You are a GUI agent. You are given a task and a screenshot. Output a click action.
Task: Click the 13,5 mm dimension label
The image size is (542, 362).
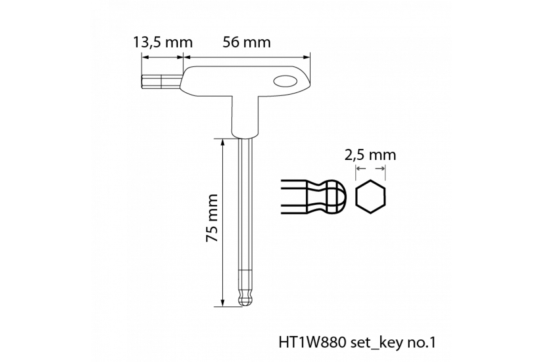163,42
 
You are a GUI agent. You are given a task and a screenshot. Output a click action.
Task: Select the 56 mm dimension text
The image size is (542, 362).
247,42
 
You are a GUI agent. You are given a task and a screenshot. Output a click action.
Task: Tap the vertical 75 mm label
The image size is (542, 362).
212,218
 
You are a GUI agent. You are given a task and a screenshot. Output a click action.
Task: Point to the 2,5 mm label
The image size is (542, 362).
370,155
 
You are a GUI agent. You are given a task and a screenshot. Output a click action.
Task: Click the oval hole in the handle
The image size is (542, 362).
285,81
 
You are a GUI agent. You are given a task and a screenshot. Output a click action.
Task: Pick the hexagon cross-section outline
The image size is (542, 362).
370,197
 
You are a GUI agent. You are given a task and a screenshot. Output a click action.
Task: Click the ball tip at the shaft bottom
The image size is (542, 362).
245,300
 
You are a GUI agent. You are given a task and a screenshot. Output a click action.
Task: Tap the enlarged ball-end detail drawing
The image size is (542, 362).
314,197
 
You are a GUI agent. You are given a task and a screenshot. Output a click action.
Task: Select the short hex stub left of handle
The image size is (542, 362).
161,82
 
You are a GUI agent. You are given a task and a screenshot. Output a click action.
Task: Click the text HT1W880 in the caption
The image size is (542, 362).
312,343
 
